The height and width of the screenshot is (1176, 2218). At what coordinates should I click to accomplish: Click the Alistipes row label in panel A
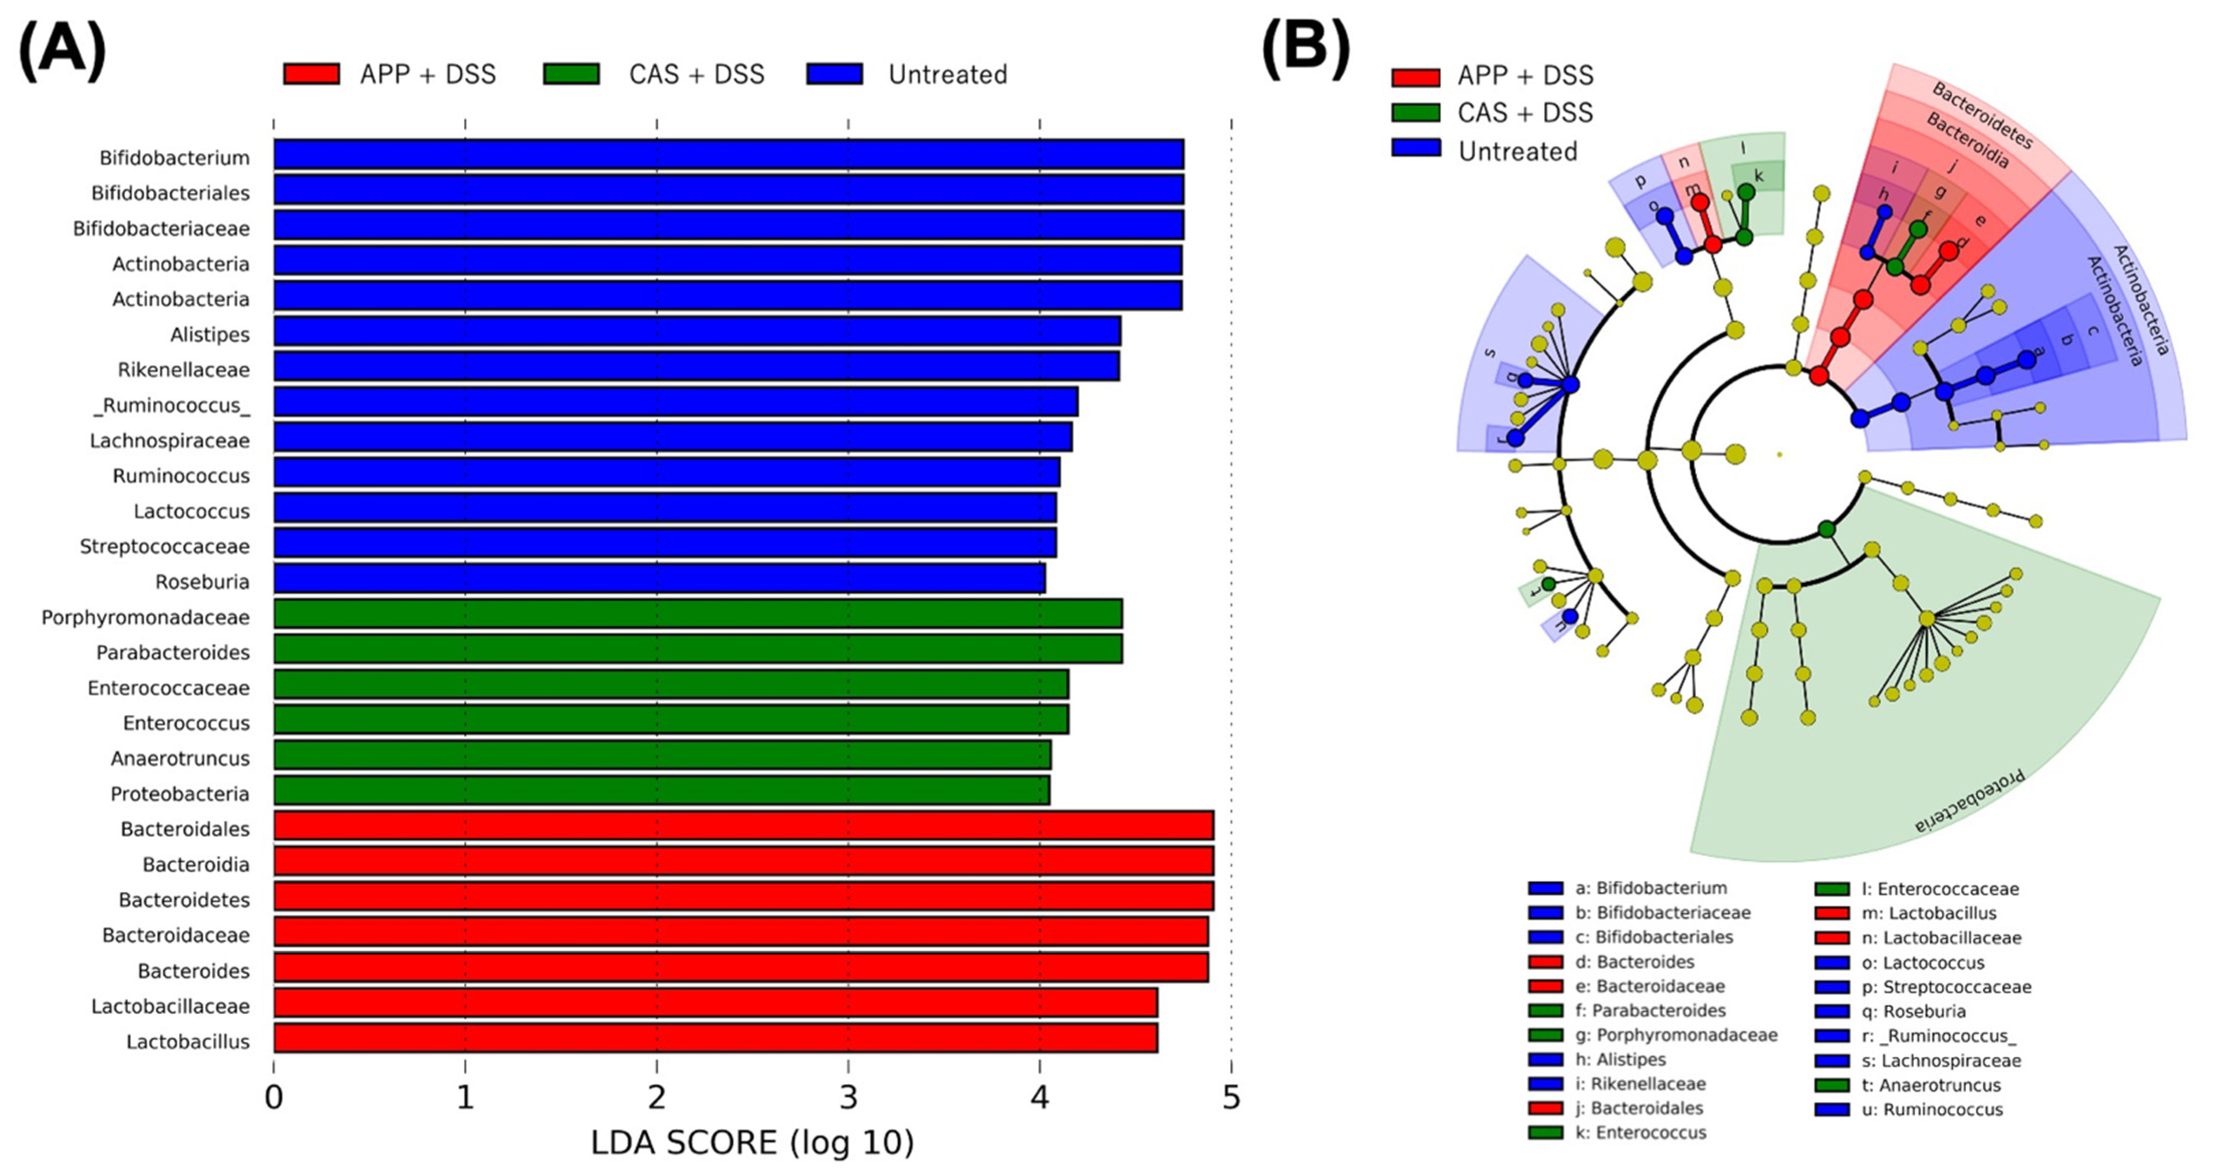pyautogui.click(x=209, y=334)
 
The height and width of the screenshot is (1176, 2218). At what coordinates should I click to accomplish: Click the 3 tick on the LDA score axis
pyautogui.click(x=849, y=1098)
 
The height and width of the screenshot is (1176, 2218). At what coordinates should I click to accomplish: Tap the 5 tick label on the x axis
pyautogui.click(x=1231, y=1098)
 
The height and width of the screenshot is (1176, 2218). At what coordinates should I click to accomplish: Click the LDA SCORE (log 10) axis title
pyautogui.click(x=752, y=1142)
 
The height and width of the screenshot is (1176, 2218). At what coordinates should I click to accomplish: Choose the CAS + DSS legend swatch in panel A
pyautogui.click(x=571, y=75)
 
